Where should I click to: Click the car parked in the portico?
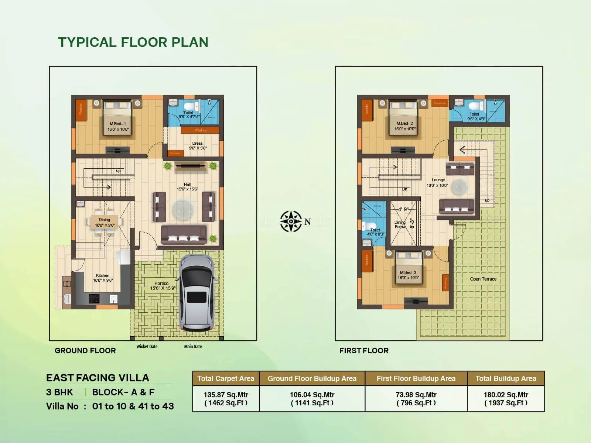197,292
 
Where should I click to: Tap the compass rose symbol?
291,221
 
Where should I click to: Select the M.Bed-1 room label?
118,127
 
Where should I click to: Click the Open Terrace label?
483,279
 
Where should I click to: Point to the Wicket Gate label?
147,347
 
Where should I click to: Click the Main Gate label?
193,347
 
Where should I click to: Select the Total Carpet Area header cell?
226,378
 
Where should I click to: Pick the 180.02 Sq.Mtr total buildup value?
506,395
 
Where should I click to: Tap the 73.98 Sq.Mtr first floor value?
416,395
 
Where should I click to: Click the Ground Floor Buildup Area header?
312,378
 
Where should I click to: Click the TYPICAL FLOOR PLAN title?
133,42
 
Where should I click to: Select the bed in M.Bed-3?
409,269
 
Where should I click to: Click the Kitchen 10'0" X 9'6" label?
103,278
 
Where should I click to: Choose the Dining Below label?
400,224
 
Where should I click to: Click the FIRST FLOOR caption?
364,351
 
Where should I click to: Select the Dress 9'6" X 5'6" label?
198,145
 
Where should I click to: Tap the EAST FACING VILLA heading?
98,378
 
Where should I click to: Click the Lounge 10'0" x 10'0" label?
438,182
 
